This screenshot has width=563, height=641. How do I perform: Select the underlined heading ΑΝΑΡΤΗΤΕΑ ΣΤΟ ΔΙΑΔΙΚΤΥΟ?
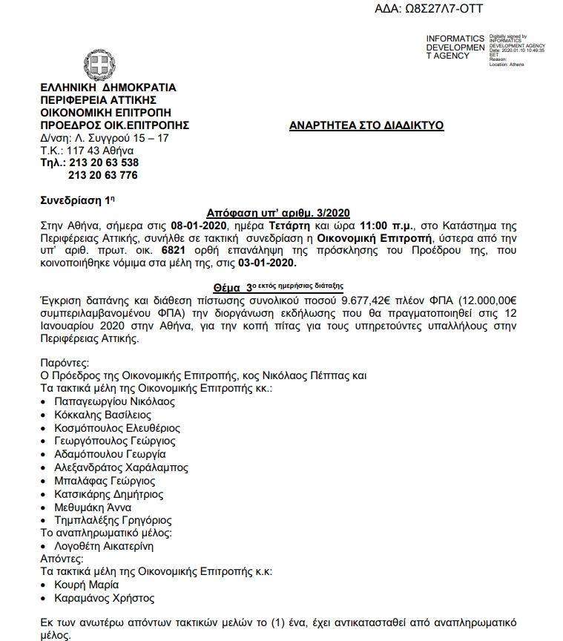tap(366, 125)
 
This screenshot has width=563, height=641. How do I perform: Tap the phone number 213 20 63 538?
tap(103, 162)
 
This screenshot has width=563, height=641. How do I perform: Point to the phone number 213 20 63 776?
tap(103, 175)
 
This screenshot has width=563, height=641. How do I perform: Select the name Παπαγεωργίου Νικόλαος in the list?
tap(114, 401)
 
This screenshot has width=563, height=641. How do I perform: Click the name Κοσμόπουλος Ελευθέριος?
tap(117, 428)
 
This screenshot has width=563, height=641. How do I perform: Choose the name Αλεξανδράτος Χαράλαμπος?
tap(122, 467)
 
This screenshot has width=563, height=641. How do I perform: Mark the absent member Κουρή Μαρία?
tap(87, 585)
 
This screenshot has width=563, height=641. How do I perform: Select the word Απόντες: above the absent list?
tap(62, 559)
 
